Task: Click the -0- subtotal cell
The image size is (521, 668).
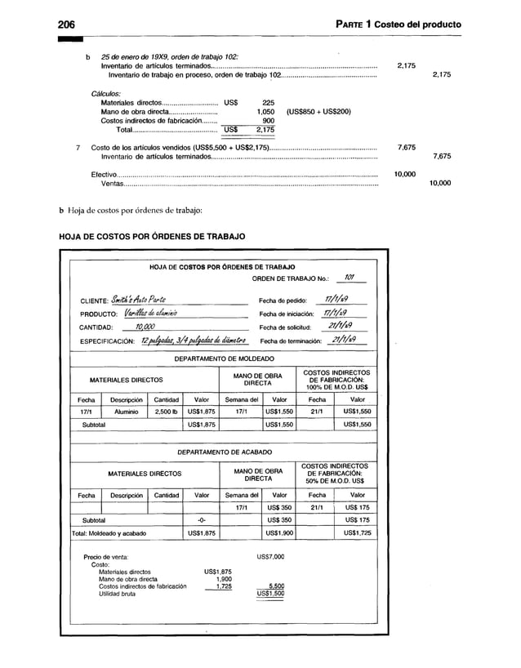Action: (x=201, y=519)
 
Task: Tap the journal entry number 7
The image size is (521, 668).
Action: (x=77, y=147)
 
